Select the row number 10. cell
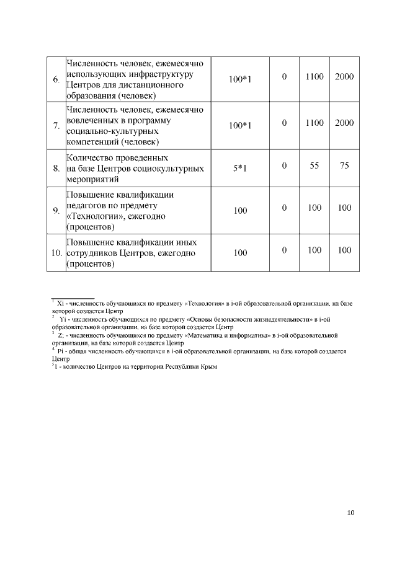(56, 253)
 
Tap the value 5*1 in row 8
(240, 168)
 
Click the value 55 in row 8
(314, 166)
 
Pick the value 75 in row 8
(344, 166)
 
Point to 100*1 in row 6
(240, 80)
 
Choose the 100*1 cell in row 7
(240, 126)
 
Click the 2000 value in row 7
(344, 123)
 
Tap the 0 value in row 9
(284, 207)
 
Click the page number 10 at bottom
(351, 513)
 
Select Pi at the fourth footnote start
(61, 351)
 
